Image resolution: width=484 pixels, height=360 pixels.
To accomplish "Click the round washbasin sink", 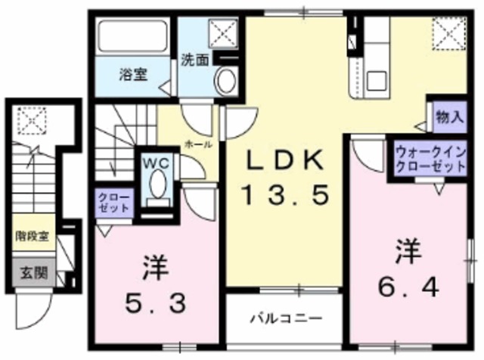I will (x=225, y=79).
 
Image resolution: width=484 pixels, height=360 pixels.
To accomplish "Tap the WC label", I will (x=158, y=162).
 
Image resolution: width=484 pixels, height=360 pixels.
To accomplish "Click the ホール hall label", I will (x=199, y=144).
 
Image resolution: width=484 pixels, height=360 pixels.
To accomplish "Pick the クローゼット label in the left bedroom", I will (x=113, y=203).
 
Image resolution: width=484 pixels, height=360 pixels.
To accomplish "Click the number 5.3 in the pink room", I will (x=156, y=285).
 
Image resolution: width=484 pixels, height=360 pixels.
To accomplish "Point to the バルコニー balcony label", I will (x=287, y=318).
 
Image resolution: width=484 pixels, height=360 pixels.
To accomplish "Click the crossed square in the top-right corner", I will (x=447, y=34).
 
